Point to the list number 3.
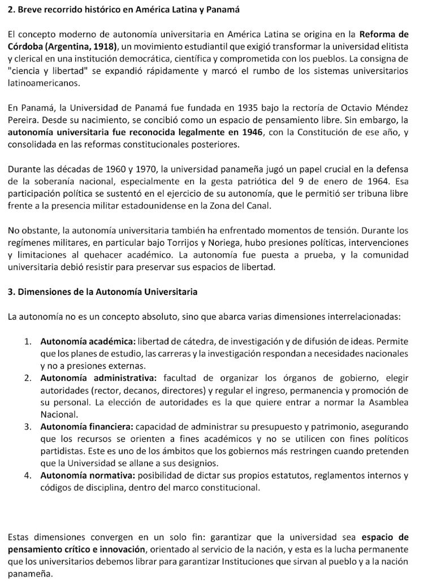click(27, 427)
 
